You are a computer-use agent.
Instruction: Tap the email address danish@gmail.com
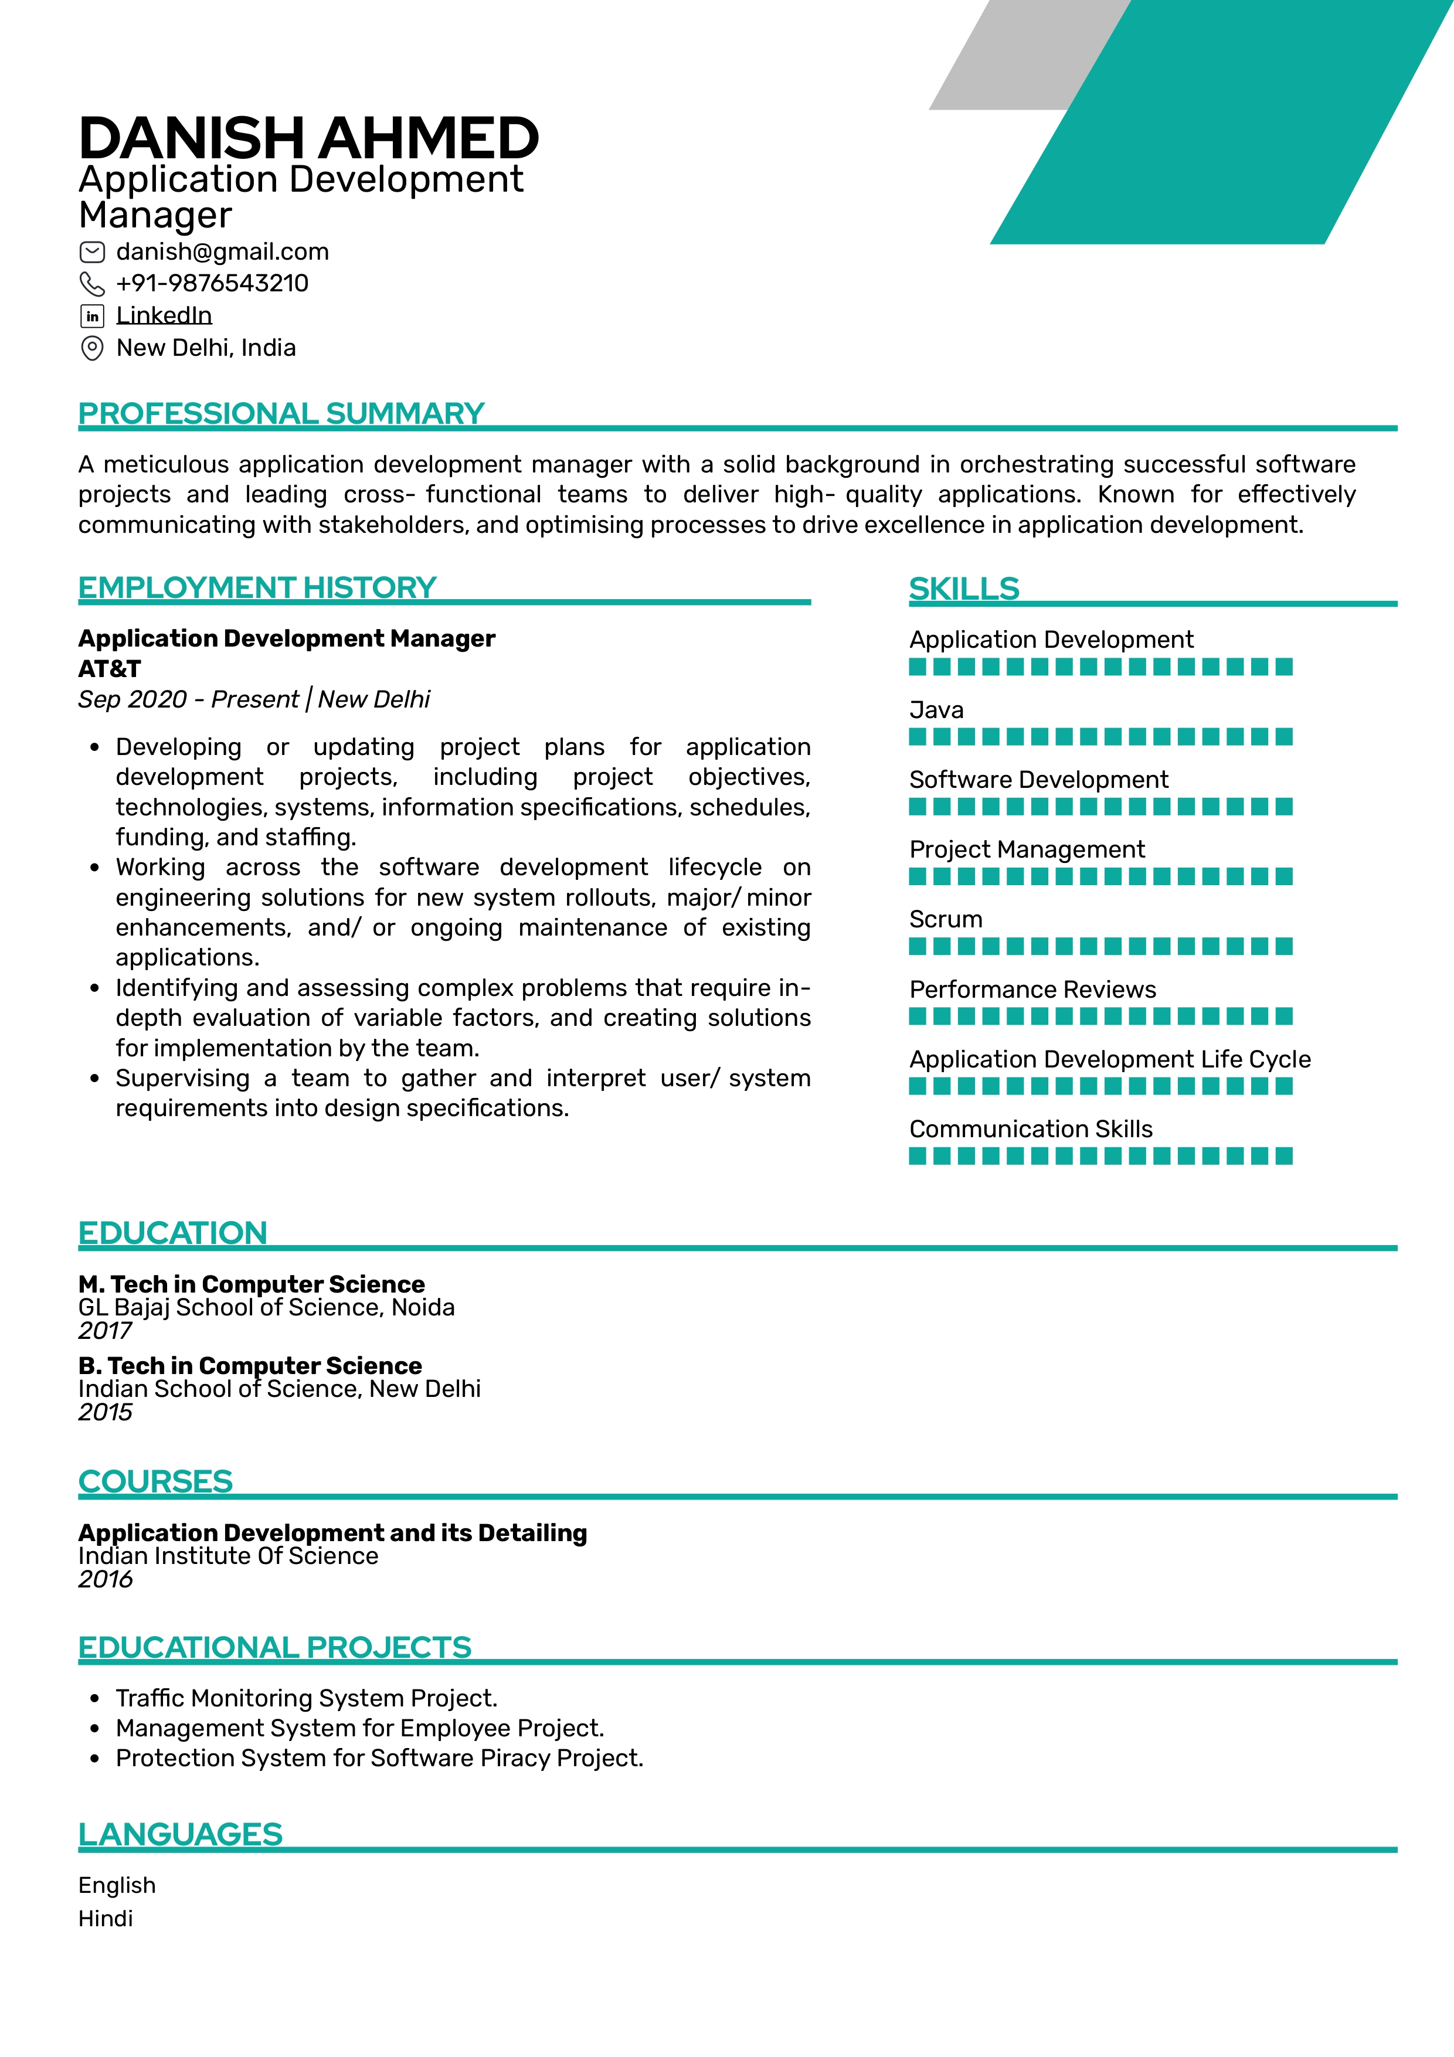click(x=222, y=251)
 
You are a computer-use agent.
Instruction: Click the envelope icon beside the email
click(x=92, y=251)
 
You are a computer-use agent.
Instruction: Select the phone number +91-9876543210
click(x=212, y=283)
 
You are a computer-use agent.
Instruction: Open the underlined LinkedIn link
click(x=164, y=315)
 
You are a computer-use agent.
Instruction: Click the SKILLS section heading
click(x=963, y=589)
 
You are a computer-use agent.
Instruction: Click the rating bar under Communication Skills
click(x=1100, y=1157)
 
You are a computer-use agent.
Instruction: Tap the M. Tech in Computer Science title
click(x=251, y=1284)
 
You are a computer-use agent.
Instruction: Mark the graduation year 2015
click(x=105, y=1413)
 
